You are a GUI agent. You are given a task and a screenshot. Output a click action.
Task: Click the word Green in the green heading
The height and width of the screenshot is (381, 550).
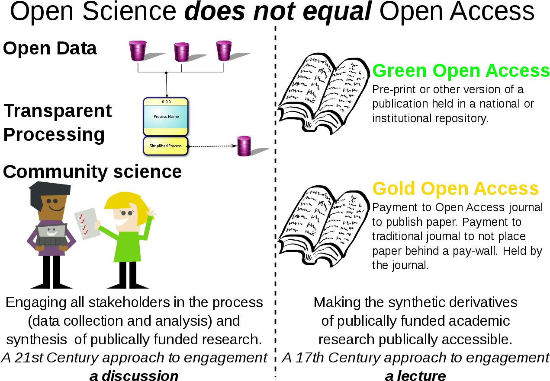pos(399,70)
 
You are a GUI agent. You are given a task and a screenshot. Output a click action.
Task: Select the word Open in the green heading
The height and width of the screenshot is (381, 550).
pos(456,70)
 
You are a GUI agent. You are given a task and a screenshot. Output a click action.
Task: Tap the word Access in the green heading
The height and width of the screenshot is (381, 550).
pos(518,70)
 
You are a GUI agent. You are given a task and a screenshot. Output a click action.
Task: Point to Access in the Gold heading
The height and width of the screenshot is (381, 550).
pos(506,189)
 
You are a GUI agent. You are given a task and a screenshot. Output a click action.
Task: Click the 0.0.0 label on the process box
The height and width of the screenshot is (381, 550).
pos(166,102)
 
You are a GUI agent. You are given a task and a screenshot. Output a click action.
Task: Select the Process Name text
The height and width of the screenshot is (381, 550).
pos(166,117)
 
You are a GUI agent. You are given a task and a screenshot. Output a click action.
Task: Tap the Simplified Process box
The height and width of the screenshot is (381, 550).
pos(165,146)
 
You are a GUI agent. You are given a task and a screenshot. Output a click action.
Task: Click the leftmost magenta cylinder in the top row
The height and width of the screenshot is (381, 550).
pos(138,51)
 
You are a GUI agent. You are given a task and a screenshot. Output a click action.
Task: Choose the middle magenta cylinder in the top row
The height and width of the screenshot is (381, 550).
pos(182,52)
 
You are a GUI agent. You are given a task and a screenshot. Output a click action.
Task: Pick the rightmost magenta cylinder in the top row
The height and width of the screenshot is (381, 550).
pos(224,51)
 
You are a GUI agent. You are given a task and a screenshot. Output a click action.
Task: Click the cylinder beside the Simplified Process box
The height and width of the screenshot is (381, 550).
pos(244,146)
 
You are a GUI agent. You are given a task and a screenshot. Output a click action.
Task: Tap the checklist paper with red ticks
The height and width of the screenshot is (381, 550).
pos(87,223)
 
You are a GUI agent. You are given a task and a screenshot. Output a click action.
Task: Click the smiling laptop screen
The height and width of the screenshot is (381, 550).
pos(51,231)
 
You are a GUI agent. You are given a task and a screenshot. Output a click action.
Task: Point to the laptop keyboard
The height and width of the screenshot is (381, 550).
pos(51,241)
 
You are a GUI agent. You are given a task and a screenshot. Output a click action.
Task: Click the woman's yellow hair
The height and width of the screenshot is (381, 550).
pos(123,200)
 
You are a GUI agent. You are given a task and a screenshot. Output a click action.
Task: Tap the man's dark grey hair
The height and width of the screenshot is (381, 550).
pos(50,189)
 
